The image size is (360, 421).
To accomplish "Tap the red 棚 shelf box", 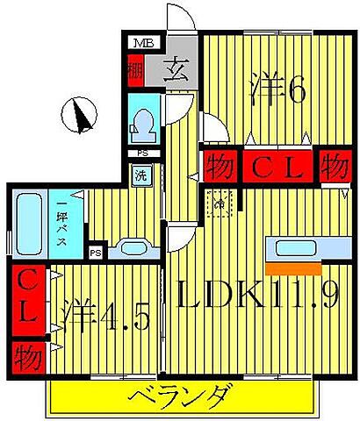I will (x=134, y=68).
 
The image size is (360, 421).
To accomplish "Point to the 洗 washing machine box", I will (x=140, y=174).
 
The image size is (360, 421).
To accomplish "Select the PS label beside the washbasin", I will (x=97, y=252).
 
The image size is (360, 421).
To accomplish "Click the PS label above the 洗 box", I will (x=141, y=154).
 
